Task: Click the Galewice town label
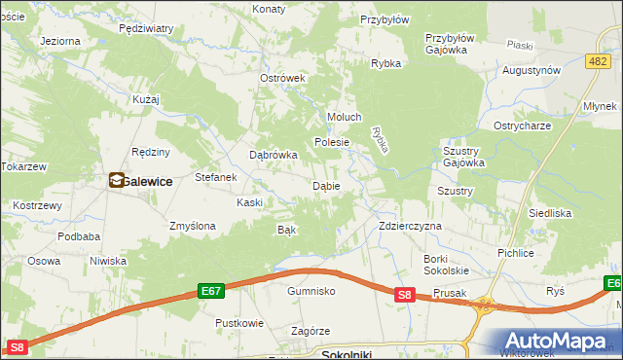coord(148,181)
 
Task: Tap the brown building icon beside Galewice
coord(117,180)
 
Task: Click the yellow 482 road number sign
coord(598,61)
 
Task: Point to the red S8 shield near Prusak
coord(406,294)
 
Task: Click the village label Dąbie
coord(325,186)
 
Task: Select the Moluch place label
coord(344,118)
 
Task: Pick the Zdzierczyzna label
coord(410,226)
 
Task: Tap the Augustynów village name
coord(531,71)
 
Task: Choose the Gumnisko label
coord(311,291)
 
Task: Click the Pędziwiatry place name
coord(145,29)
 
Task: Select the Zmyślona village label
coord(192,226)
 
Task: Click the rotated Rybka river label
coord(381,138)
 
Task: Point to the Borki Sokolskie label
coord(447,264)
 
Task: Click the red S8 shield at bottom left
coord(17,347)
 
